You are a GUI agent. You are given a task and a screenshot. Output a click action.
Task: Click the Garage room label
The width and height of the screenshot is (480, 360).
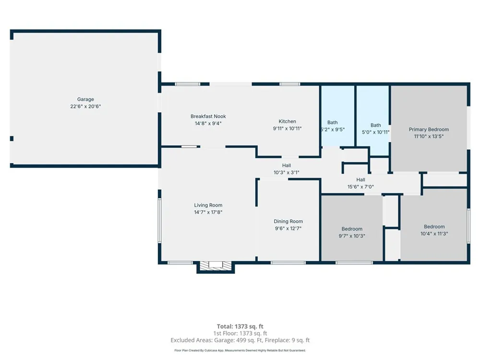85,99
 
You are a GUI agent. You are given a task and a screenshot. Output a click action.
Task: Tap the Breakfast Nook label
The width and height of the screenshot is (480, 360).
208,116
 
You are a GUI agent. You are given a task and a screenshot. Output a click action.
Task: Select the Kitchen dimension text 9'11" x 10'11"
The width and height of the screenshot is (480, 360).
287,129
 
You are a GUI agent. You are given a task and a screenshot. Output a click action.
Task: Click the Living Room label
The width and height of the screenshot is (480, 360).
208,205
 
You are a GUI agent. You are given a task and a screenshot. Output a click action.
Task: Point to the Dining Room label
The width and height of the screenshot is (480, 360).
288,221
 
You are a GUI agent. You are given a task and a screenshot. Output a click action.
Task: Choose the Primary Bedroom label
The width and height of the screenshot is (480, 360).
429,130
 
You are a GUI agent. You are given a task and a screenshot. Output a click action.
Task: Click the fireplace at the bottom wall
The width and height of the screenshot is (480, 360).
216,266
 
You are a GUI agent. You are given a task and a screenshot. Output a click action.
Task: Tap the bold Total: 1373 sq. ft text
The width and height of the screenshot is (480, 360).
240,326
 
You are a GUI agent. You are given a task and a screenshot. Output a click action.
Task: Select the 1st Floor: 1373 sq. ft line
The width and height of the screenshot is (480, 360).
240,334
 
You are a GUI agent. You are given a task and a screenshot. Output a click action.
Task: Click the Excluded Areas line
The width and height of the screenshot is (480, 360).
240,340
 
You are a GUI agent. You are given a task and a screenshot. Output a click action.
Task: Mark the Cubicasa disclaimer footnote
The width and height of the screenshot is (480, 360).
240,350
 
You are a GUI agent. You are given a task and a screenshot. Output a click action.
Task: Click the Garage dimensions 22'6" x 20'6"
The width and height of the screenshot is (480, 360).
85,106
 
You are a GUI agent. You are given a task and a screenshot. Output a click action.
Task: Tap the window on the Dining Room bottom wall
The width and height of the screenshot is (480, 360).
288,263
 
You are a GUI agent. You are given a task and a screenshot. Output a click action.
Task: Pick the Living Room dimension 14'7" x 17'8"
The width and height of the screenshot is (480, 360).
208,212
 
